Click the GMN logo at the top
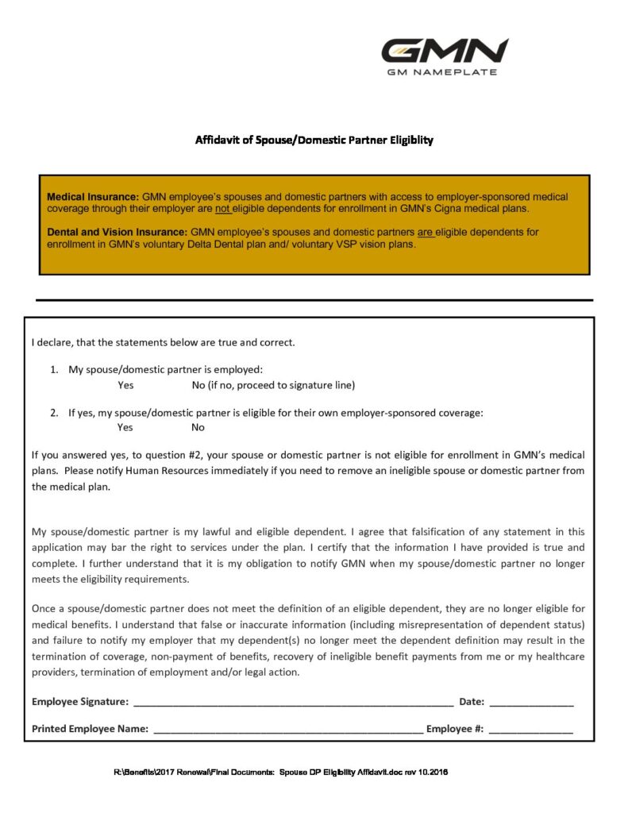click(x=444, y=51)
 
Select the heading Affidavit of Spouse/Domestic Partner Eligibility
click(x=314, y=141)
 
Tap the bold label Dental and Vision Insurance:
click(x=118, y=232)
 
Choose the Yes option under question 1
click(x=125, y=385)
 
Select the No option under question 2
click(x=198, y=427)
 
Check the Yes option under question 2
click(x=125, y=427)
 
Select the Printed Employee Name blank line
click(x=287, y=730)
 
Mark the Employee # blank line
click(x=530, y=730)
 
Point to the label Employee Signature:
click(x=80, y=702)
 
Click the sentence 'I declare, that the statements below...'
click(x=163, y=343)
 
